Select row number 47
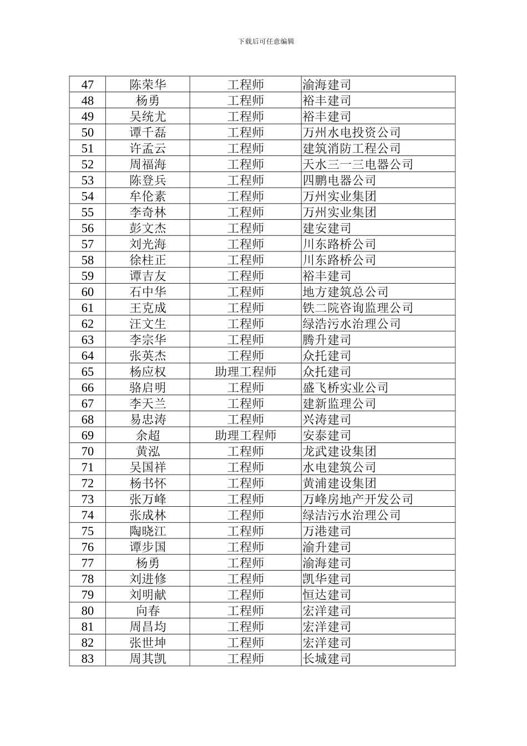point(88,85)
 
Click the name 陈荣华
point(148,85)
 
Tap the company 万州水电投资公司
point(351,133)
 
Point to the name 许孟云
point(148,149)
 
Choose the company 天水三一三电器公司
point(357,165)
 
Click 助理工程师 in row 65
point(245,372)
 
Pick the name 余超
point(148,436)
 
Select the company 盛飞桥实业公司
point(345,388)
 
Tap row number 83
point(88,659)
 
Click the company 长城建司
point(327,659)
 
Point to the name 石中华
point(148,292)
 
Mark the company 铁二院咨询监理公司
point(357,308)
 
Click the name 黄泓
point(148,452)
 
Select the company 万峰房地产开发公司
point(357,500)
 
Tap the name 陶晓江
point(148,531)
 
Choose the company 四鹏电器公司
point(339,180)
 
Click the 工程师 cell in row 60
point(245,292)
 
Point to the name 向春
point(148,611)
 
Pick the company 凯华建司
point(327,579)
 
